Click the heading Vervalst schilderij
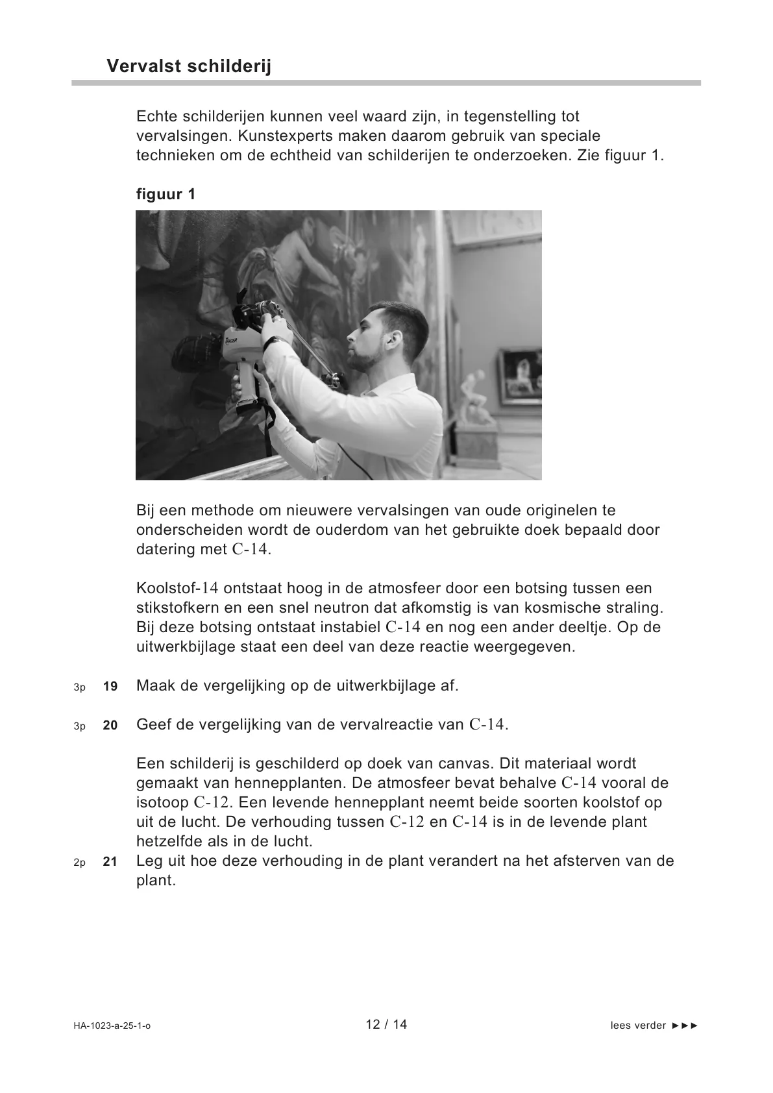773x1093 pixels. coord(188,66)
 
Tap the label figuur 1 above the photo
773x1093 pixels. coord(166,194)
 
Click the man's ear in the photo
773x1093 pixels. coord(389,338)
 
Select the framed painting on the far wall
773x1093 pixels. coord(519,376)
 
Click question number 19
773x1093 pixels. coord(110,686)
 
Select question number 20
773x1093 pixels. coord(110,726)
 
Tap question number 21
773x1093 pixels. coord(110,862)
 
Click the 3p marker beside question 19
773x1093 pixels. coord(79,687)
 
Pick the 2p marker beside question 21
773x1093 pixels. coord(79,863)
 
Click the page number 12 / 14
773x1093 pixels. coord(386,1024)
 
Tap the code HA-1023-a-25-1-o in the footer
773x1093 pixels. coord(112,1026)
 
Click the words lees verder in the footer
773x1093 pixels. coord(638,1025)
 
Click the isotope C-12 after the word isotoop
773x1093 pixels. coord(211,802)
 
